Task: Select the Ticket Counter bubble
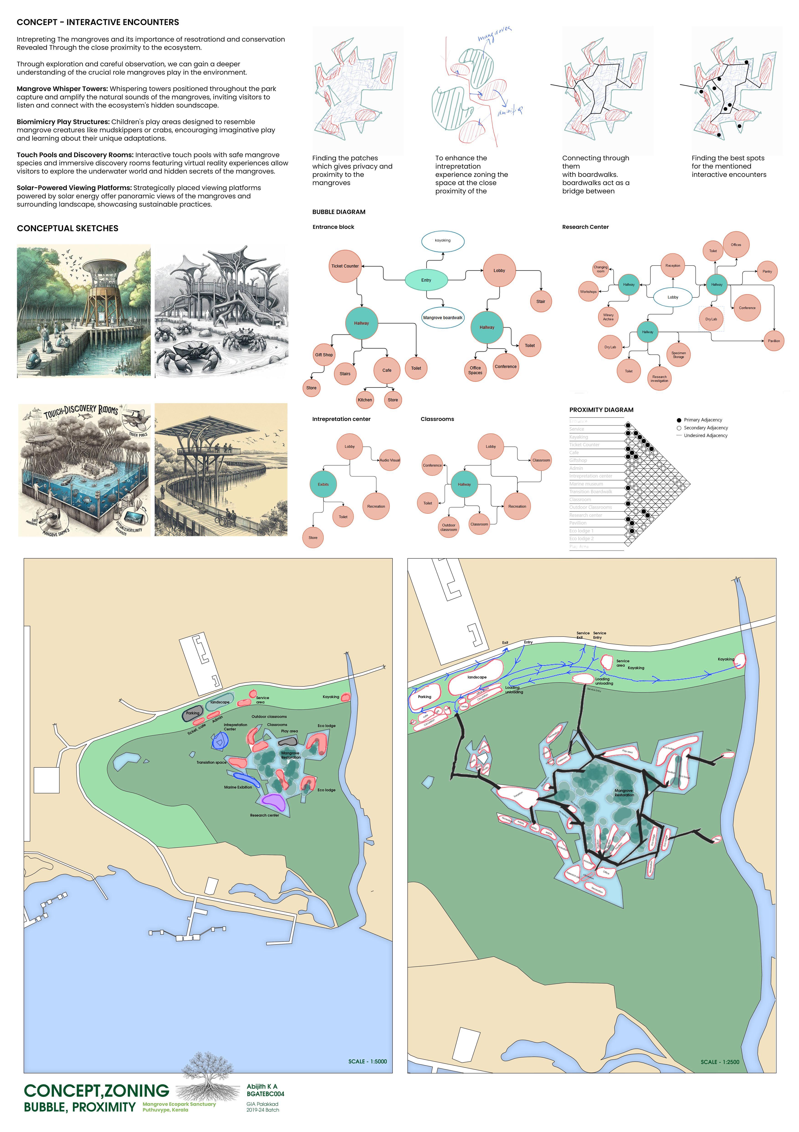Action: pos(345,266)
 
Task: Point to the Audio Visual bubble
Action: pos(390,460)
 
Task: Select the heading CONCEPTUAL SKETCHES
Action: pos(67,228)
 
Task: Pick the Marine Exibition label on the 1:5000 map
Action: pos(238,787)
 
